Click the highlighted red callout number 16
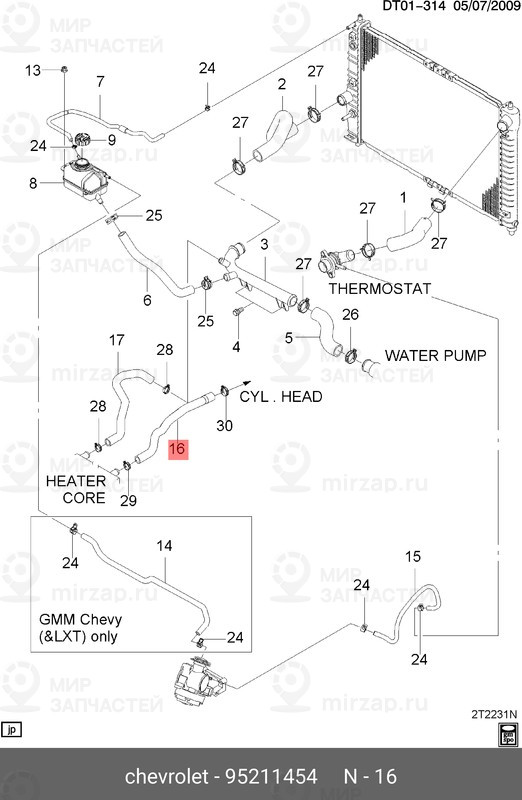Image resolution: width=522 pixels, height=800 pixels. click(x=176, y=449)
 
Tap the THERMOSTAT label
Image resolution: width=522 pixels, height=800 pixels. click(x=379, y=289)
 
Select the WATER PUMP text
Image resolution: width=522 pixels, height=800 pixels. click(x=435, y=355)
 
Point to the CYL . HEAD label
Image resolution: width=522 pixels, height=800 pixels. click(x=281, y=396)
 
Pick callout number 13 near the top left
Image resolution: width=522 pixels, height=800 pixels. click(x=33, y=70)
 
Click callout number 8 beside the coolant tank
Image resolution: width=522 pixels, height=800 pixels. click(x=33, y=183)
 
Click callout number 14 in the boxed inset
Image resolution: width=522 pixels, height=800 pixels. click(x=164, y=546)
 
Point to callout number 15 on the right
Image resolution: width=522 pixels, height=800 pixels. click(x=411, y=556)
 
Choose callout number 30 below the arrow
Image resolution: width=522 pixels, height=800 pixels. click(x=224, y=426)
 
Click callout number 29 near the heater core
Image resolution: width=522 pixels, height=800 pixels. click(x=128, y=499)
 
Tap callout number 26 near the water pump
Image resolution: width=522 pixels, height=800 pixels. click(x=349, y=315)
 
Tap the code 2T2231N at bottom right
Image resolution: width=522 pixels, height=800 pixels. click(x=492, y=715)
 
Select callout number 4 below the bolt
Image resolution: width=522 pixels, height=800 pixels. click(x=236, y=347)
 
